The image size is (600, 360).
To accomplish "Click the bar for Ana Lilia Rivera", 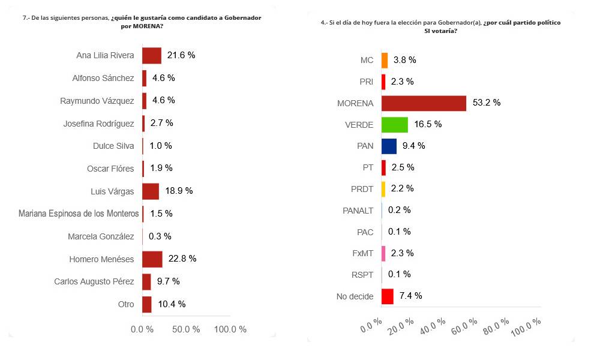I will tap(152, 55).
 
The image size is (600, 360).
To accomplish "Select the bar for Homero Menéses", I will tap(152, 259).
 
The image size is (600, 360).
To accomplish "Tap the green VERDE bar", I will tap(395, 124).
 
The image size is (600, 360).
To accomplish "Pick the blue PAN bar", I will tap(389, 146).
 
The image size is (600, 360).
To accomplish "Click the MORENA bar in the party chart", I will tap(424, 103).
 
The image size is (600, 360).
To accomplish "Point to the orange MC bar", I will tap(385, 60).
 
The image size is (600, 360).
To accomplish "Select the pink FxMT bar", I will tap(383, 253).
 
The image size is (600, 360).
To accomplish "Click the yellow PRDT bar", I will tap(383, 189).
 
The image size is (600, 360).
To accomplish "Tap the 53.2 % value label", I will tap(487, 103).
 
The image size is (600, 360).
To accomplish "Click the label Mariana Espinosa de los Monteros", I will tap(79, 214).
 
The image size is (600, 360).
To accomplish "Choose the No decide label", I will tap(356, 296).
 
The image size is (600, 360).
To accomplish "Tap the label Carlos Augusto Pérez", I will tap(94, 281).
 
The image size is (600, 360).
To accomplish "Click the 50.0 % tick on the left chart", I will tap(186, 329).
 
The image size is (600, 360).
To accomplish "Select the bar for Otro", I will tap(147, 304).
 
